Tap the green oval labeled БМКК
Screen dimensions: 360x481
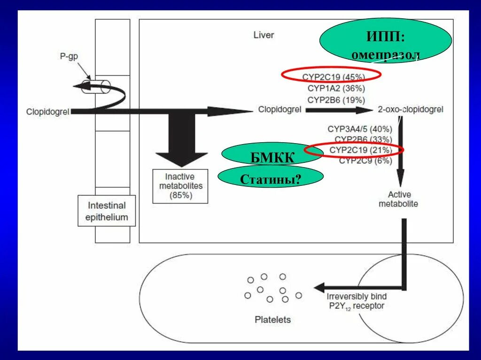266,154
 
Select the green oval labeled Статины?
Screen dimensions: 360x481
271,177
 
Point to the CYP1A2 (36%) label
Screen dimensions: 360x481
336,88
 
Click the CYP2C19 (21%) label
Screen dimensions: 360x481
360,150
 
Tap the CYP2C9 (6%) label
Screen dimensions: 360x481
365,161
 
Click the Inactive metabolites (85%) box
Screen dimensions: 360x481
180,186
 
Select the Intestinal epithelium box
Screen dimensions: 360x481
107,211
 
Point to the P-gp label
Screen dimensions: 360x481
69,56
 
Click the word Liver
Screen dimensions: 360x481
264,35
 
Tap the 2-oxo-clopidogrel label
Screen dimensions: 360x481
411,110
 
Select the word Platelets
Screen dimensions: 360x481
272,320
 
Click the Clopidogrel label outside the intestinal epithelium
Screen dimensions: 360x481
48,112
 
